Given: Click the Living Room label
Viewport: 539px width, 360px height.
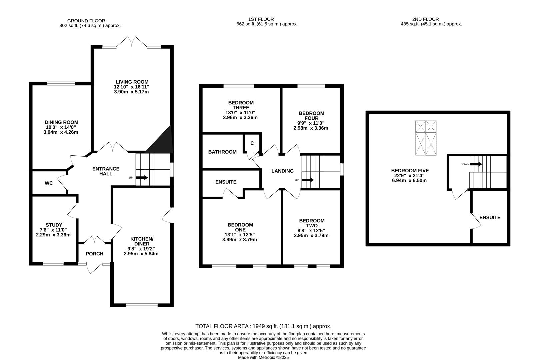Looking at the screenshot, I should click(132, 82).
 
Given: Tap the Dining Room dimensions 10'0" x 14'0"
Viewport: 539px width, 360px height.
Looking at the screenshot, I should click(62, 127).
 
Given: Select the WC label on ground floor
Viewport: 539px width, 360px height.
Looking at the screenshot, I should click(49, 183).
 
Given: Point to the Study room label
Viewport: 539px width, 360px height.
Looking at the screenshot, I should click(54, 225).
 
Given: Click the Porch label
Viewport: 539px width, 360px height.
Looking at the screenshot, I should click(94, 254).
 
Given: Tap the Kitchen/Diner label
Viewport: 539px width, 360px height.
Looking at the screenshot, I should click(142, 241).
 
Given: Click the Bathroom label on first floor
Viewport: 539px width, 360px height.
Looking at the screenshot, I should click(222, 152).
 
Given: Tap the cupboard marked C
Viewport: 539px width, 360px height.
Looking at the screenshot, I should click(252, 143).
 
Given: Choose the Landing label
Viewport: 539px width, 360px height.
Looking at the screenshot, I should click(282, 171).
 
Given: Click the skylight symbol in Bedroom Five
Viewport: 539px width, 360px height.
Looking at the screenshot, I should click(426, 138).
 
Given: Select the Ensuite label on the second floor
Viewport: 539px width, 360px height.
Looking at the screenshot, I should click(490, 217).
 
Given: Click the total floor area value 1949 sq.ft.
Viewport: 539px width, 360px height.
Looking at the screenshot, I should click(265, 326).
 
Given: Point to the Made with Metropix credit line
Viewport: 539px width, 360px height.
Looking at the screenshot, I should click(263, 357).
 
